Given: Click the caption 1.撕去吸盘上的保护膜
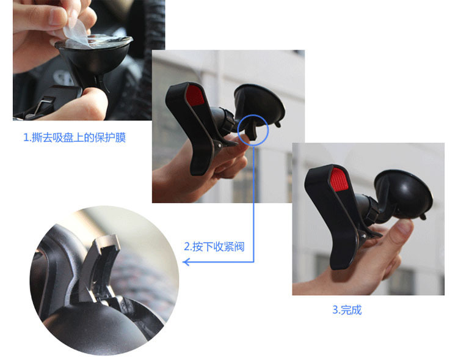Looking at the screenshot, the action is click(x=75, y=137).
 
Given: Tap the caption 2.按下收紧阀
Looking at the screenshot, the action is click(x=214, y=246).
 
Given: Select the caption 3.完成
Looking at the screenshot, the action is click(x=347, y=310).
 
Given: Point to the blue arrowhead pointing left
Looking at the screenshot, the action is click(x=186, y=262).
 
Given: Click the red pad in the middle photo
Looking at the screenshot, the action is click(x=195, y=95).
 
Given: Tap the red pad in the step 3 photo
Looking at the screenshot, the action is click(x=339, y=179).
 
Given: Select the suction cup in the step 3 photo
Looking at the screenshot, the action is click(x=403, y=194).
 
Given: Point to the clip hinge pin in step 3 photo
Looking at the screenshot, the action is click(x=364, y=235).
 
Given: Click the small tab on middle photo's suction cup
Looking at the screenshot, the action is click(x=277, y=124).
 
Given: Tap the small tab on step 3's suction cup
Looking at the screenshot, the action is click(x=423, y=217).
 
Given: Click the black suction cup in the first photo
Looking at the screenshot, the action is click(x=94, y=60).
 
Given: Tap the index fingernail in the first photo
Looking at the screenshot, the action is click(x=57, y=16).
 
